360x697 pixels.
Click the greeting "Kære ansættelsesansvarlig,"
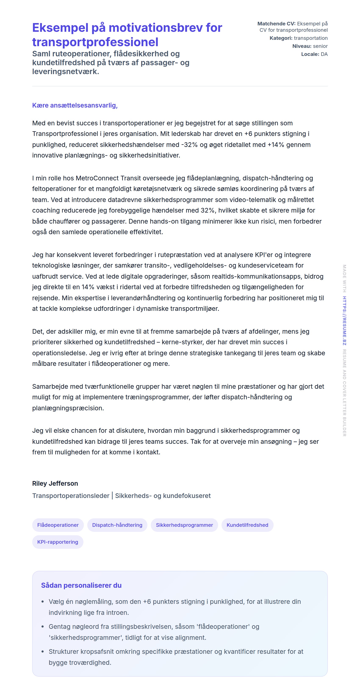tap(75, 105)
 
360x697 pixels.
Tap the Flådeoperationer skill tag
tap(58, 525)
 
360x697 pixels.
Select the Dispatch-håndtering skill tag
tap(117, 525)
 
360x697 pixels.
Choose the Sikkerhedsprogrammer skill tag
tap(184, 525)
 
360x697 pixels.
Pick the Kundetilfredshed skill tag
tap(247, 525)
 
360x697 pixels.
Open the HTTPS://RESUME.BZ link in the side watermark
tap(344, 321)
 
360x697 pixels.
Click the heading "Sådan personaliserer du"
tap(81, 585)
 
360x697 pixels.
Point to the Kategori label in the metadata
tap(281, 38)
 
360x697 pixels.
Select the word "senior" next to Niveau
tap(320, 46)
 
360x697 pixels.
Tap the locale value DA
tap(324, 54)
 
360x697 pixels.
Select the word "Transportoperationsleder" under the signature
tap(71, 496)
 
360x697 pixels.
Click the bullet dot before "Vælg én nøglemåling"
tap(43, 602)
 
